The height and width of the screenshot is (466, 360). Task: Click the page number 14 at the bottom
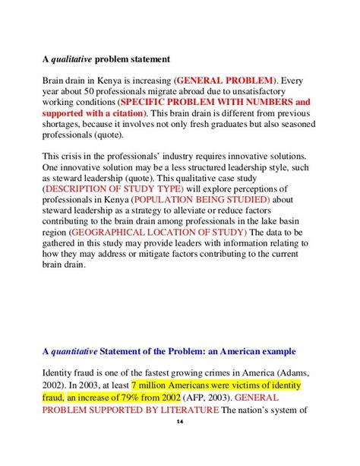(x=179, y=444)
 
